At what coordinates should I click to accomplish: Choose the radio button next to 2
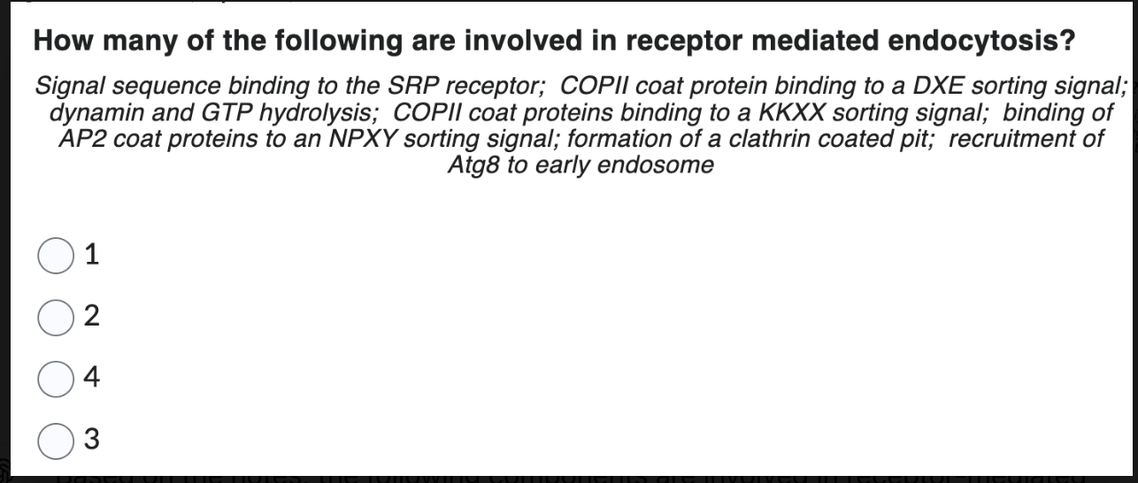click(55, 317)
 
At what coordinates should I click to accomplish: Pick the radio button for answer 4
click(55, 377)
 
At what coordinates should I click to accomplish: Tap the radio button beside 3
click(55, 438)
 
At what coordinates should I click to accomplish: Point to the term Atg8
click(473, 165)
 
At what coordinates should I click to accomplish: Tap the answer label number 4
click(92, 378)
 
